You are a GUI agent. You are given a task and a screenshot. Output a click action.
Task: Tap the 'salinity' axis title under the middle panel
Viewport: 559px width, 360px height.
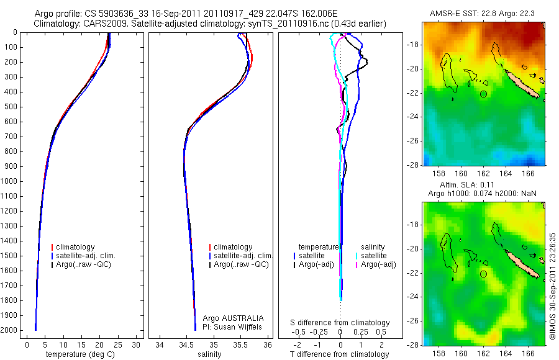pos(209,354)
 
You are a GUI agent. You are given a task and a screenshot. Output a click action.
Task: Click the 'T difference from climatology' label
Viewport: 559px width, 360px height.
pos(340,354)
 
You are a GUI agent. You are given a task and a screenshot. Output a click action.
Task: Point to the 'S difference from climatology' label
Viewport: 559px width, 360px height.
pos(340,323)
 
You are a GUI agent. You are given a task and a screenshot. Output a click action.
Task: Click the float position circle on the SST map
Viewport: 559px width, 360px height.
pos(484,94)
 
